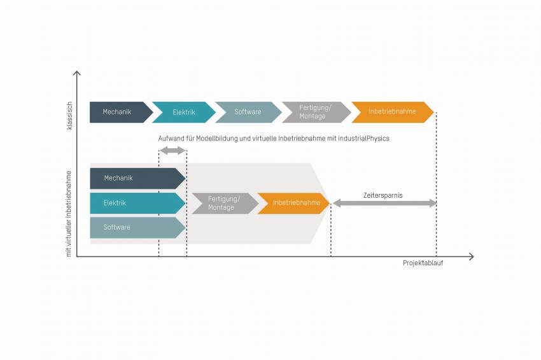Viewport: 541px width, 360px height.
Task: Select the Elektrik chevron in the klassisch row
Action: tap(184, 112)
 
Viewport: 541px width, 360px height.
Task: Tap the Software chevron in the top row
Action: tap(248, 112)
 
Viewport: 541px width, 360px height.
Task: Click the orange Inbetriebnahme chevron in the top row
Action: tap(392, 112)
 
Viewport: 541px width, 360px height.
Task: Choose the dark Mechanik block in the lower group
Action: tap(137, 178)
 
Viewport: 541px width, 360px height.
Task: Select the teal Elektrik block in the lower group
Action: tap(137, 203)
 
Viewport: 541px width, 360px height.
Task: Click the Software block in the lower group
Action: tap(137, 228)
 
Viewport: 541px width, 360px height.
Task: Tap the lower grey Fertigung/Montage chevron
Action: tap(225, 203)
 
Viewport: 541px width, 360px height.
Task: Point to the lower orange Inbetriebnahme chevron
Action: tap(293, 203)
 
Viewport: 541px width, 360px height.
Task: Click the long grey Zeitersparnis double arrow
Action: tap(384, 203)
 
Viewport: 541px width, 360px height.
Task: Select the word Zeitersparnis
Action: tap(383, 195)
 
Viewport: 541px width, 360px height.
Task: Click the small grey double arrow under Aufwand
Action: tap(173, 150)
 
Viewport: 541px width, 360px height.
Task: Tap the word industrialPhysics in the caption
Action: tap(363, 139)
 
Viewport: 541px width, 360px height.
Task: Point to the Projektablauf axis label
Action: tap(423, 263)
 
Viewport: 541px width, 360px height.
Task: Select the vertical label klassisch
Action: tap(69, 116)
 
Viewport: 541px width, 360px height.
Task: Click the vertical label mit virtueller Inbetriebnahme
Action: tap(69, 214)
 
